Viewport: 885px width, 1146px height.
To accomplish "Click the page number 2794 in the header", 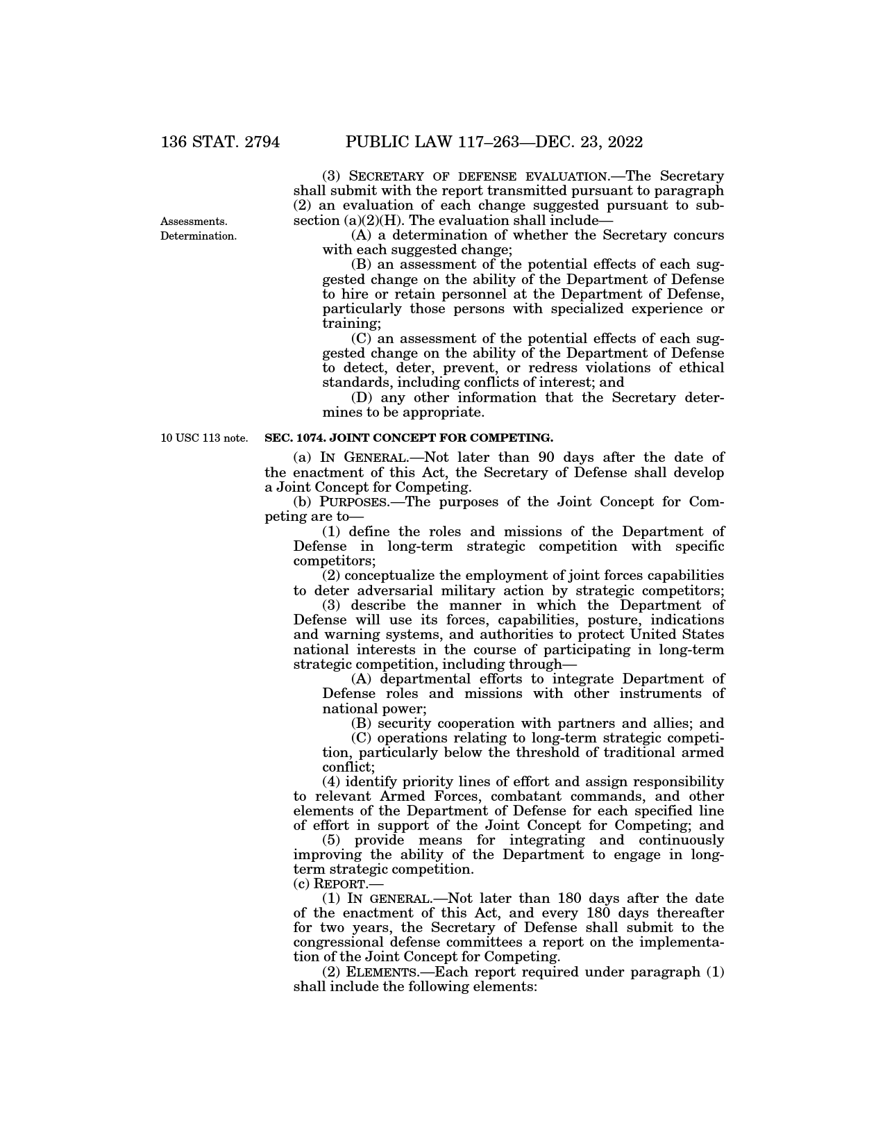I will (x=256, y=142).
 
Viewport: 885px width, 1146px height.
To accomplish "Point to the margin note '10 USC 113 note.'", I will (x=203, y=438).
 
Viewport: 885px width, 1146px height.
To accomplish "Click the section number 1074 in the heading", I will (x=302, y=438).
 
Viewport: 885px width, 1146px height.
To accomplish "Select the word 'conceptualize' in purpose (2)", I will (x=391, y=576).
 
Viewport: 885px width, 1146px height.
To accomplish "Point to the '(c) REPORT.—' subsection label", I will (x=338, y=884).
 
